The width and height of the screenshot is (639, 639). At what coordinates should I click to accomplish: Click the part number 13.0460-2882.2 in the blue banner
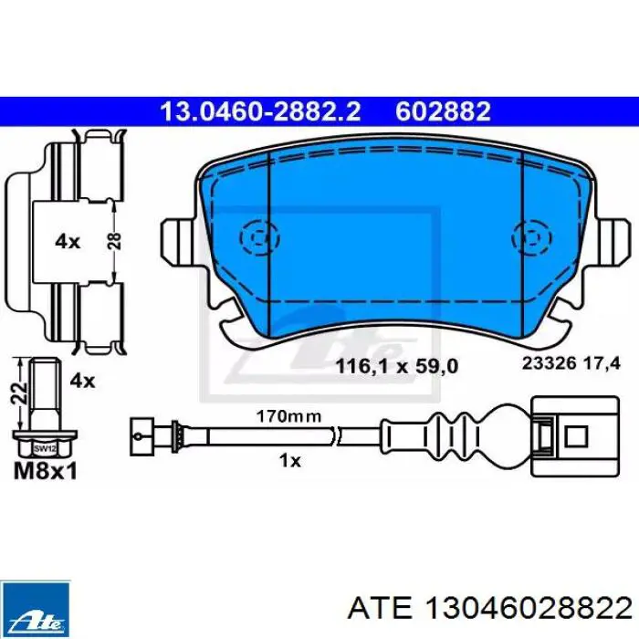pyautogui.click(x=260, y=111)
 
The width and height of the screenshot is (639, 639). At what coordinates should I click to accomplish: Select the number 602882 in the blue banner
pyautogui.click(x=443, y=111)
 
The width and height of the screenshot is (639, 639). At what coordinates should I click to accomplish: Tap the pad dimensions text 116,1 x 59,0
pyautogui.click(x=396, y=366)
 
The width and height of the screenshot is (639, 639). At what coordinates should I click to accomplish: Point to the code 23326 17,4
pyautogui.click(x=571, y=363)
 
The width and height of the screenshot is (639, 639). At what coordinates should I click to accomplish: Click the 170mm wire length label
pyautogui.click(x=288, y=416)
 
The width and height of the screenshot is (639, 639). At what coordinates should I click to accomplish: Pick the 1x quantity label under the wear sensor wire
pyautogui.click(x=289, y=461)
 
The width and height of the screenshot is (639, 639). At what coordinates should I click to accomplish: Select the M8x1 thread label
pyautogui.click(x=46, y=472)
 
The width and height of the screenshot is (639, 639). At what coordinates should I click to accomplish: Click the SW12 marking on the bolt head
pyautogui.click(x=45, y=449)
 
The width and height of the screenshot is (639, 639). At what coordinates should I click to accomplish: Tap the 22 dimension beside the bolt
pyautogui.click(x=20, y=393)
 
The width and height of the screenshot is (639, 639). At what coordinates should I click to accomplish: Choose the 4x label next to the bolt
pyautogui.click(x=82, y=381)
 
